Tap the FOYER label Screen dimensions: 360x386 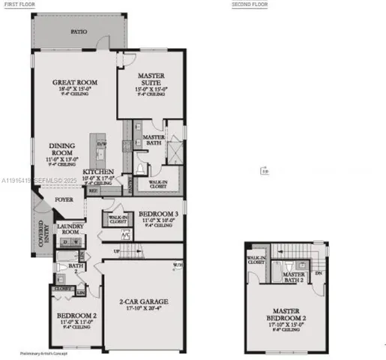(x=62, y=200)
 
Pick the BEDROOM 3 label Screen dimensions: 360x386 (x=158, y=214)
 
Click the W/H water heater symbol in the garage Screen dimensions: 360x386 (x=177, y=264)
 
